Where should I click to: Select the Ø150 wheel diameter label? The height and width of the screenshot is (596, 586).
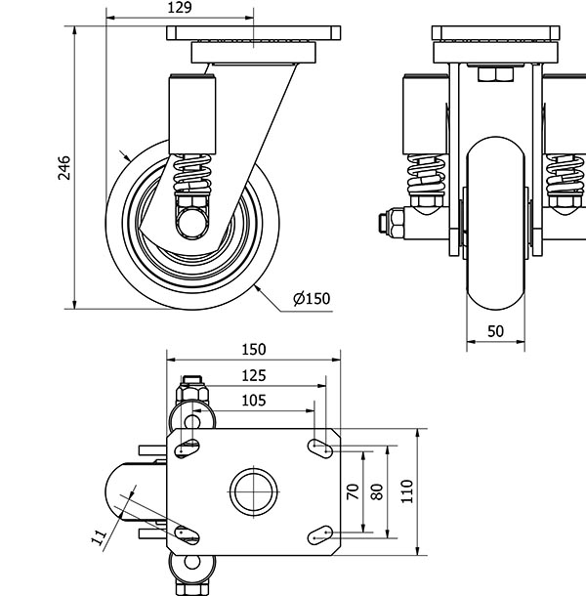coord(311,299)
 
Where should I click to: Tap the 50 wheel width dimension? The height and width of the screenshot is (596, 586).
coord(495,331)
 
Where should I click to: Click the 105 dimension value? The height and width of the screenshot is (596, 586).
coord(253,399)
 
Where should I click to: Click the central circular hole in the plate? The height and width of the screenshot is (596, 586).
coord(252,490)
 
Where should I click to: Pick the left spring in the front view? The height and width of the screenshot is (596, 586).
coord(426,176)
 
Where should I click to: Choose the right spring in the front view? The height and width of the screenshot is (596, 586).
coord(564,176)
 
